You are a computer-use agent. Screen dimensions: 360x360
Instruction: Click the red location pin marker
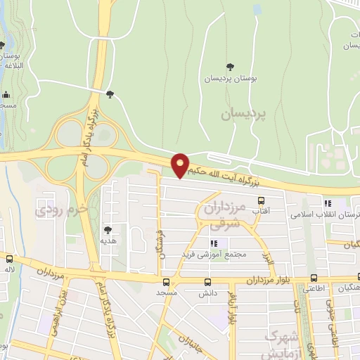pyautogui.click(x=181, y=165)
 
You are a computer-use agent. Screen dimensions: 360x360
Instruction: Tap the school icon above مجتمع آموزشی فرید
pyautogui.click(x=214, y=243)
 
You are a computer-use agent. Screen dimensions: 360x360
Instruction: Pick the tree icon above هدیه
pyautogui.click(x=108, y=229)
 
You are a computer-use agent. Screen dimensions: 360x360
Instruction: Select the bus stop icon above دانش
pyautogui.click(x=207, y=281)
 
